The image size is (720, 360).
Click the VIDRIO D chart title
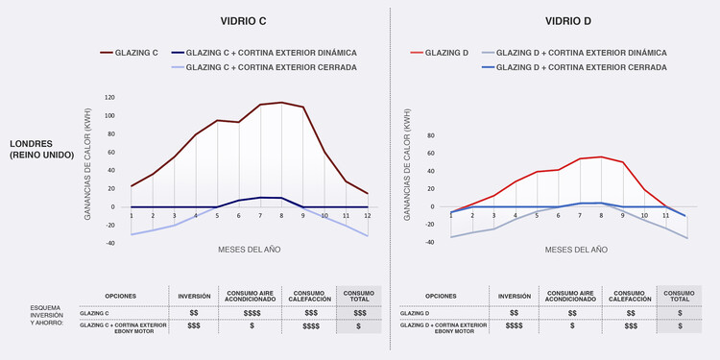click(x=568, y=20)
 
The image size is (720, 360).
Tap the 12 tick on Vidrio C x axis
click(x=367, y=216)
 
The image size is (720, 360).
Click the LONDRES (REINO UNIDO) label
click(x=41, y=149)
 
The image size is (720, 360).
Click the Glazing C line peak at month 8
click(x=281, y=102)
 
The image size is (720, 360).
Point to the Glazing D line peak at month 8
click(x=601, y=156)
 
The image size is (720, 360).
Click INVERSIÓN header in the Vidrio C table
click(x=194, y=296)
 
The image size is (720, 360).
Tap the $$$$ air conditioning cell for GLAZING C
click(x=252, y=313)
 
